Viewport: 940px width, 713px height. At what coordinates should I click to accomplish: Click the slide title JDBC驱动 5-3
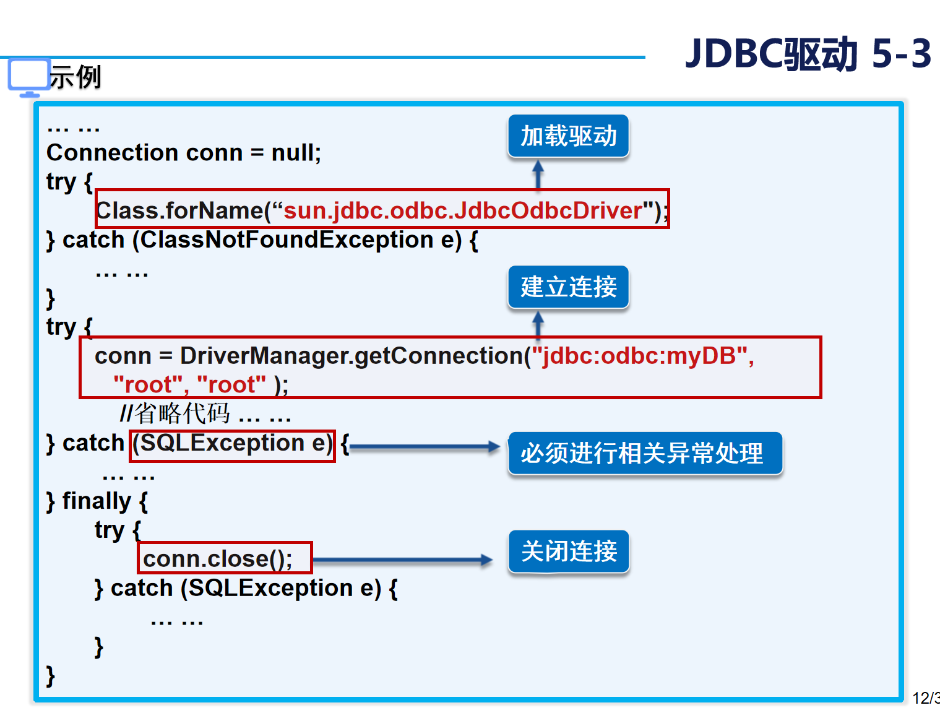click(x=808, y=54)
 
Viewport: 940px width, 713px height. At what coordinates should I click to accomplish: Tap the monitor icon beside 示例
click(x=28, y=76)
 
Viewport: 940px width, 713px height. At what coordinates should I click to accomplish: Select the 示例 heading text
click(x=75, y=77)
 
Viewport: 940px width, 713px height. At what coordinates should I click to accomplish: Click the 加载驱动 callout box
click(x=568, y=136)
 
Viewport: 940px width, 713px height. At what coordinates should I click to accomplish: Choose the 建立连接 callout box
click(x=568, y=287)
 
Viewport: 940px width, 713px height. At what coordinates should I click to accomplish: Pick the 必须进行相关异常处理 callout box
click(x=644, y=453)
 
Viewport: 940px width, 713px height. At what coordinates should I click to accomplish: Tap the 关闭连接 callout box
click(x=568, y=551)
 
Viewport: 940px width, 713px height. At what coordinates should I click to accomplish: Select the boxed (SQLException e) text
click(x=232, y=444)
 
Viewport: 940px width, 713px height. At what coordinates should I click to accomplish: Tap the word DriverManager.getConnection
click(x=351, y=356)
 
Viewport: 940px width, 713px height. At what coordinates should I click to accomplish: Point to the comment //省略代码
click(x=175, y=413)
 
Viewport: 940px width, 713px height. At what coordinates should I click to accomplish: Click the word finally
click(x=97, y=501)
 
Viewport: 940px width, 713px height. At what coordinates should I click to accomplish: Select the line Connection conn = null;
click(x=184, y=153)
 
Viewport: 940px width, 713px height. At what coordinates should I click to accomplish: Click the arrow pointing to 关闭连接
click(x=402, y=560)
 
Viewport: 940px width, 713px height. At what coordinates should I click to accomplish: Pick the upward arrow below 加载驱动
click(x=538, y=174)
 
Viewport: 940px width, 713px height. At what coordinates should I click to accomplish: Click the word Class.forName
click(x=180, y=211)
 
